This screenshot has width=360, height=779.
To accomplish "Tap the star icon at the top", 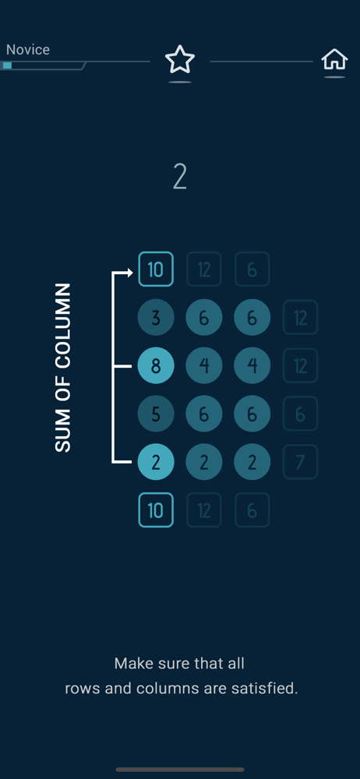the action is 179,60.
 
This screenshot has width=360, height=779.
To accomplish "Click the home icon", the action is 334,60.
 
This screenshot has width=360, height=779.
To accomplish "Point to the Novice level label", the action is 28,50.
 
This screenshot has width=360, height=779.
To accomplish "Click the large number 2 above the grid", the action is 179,177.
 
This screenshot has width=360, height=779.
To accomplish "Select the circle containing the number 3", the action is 156,318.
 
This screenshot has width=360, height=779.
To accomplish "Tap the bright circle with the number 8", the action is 156,365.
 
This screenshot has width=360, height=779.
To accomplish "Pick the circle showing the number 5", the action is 156,414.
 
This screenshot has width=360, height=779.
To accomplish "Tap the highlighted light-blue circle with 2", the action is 156,462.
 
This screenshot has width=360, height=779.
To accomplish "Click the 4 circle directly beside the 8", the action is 204,365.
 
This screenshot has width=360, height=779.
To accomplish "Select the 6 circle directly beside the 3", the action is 204,318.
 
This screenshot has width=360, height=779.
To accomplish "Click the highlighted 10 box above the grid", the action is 156,270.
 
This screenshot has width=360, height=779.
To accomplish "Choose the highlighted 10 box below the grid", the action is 156,509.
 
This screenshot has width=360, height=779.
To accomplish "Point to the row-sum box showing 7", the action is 300,462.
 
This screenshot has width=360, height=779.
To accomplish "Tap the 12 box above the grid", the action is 204,270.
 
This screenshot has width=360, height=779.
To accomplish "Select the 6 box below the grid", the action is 252,509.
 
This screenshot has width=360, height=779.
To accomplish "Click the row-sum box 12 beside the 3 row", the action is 300,318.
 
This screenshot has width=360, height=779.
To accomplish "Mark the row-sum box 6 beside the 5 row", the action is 300,414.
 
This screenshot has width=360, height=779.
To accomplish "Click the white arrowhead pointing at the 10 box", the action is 130,272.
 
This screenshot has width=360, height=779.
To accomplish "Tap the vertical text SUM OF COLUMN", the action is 63,368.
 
